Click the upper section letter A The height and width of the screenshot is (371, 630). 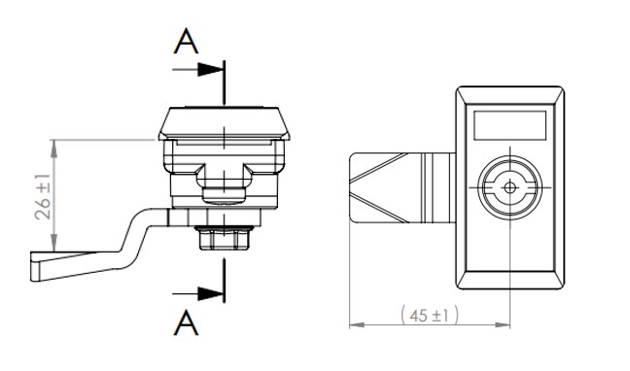click(x=186, y=41)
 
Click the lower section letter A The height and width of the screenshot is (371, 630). click(x=186, y=322)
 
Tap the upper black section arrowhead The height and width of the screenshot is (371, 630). click(x=210, y=70)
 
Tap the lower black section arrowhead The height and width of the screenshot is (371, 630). click(x=210, y=293)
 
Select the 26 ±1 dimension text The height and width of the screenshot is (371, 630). click(x=43, y=197)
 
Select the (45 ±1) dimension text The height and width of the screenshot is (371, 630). click(x=430, y=315)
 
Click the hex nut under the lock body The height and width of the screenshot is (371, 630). click(x=224, y=238)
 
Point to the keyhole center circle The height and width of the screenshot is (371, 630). click(x=509, y=187)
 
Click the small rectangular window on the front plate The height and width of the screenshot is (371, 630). click(x=509, y=125)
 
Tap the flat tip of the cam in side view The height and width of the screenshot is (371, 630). click(x=36, y=266)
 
